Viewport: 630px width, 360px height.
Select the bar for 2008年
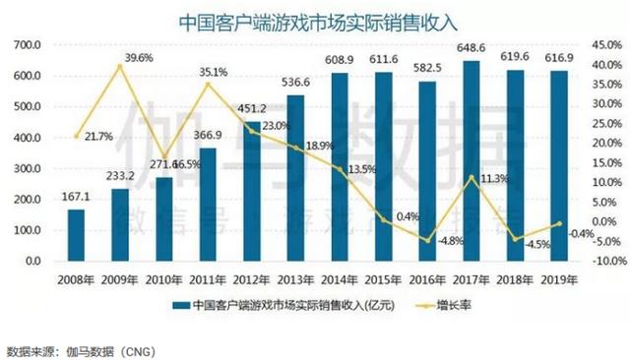click(76, 236)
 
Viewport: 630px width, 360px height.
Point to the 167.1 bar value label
click(75, 198)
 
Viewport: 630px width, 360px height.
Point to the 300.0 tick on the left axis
click(28, 169)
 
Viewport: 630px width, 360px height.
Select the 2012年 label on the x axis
click(248, 279)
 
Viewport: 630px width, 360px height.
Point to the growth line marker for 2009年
click(119, 67)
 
